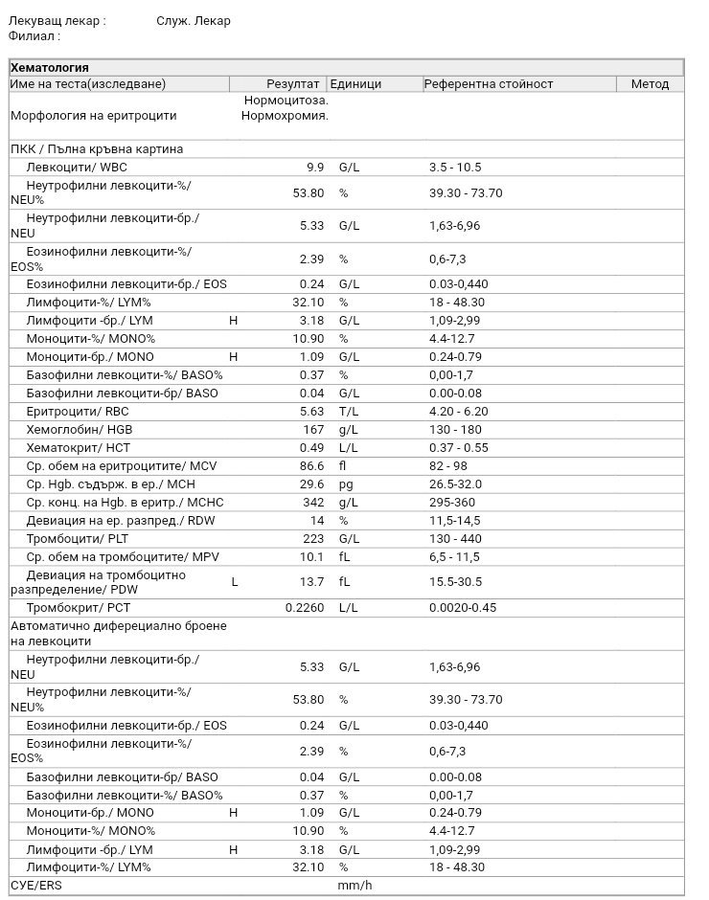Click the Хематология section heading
pyautogui.click(x=49, y=67)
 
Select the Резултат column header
pyautogui.click(x=292, y=84)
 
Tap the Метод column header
pyautogui.click(x=650, y=84)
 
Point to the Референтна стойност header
pyautogui.click(x=491, y=84)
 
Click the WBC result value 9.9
pyautogui.click(x=315, y=168)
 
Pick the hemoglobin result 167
pyautogui.click(x=313, y=431)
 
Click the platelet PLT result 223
pyautogui.click(x=313, y=539)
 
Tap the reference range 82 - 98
pyautogui.click(x=450, y=466)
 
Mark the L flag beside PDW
pyautogui.click(x=235, y=581)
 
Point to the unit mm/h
pyautogui.click(x=354, y=885)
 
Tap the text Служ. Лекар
pyautogui.click(x=194, y=21)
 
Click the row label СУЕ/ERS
pyautogui.click(x=35, y=885)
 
